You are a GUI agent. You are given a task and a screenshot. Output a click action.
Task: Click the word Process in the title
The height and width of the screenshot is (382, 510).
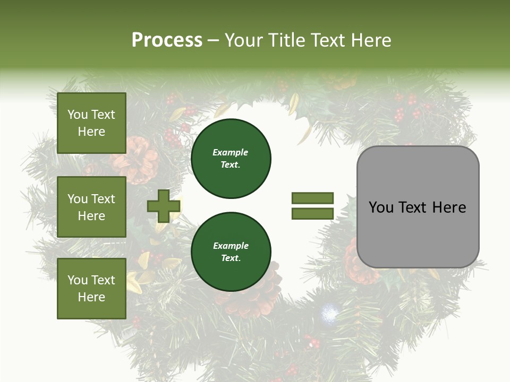(x=167, y=40)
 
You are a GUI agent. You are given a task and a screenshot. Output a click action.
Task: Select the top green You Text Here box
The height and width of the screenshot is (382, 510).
(x=91, y=123)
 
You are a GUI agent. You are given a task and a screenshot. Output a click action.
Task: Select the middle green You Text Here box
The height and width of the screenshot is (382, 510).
(x=91, y=207)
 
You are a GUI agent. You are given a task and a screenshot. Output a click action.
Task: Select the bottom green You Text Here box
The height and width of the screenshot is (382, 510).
(x=91, y=288)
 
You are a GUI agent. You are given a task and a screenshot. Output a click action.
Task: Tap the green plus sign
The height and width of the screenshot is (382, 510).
(x=164, y=206)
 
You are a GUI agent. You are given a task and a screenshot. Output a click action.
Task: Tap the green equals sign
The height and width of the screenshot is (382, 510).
(x=312, y=206)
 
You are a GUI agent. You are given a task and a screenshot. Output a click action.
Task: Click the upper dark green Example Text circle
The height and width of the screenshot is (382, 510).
(x=231, y=159)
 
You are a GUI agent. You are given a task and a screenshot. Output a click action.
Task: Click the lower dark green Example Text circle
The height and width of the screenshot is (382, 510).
(x=231, y=252)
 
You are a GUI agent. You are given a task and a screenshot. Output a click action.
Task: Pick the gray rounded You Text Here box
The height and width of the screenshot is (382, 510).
(x=418, y=207)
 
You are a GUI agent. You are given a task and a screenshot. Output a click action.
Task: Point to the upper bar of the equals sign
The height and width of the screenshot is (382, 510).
(x=312, y=198)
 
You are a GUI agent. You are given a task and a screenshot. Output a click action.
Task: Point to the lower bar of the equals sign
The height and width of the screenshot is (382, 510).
(x=312, y=213)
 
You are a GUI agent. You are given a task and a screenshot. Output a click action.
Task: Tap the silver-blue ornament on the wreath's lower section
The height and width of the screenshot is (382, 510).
(x=329, y=314)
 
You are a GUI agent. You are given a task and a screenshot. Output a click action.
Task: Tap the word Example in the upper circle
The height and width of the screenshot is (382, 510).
(x=230, y=153)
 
